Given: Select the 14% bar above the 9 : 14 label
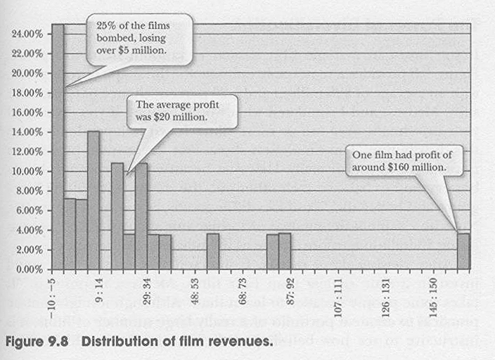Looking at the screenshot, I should [x=94, y=200].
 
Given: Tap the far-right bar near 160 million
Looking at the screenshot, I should [x=463, y=252].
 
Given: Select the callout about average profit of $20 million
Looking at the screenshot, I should [x=181, y=111].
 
